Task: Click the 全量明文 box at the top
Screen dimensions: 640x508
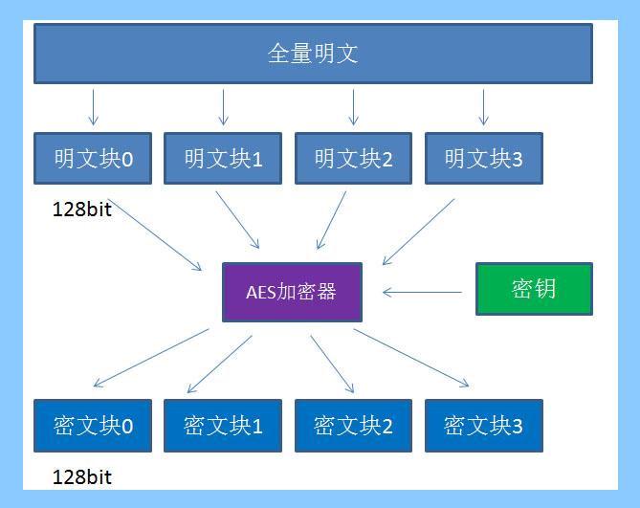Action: pyautogui.click(x=313, y=54)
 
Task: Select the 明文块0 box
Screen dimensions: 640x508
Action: pyautogui.click(x=93, y=158)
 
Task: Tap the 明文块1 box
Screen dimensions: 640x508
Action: pyautogui.click(x=223, y=158)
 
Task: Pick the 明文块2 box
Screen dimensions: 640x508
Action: pyautogui.click(x=353, y=158)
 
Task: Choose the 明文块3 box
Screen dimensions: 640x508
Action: pyautogui.click(x=484, y=158)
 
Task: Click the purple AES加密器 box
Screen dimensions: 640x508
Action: pyautogui.click(x=292, y=292)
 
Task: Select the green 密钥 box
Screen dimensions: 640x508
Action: pyautogui.click(x=534, y=289)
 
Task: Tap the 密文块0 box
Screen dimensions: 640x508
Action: pyautogui.click(x=93, y=426)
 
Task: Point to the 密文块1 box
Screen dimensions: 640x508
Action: pyautogui.click(x=223, y=426)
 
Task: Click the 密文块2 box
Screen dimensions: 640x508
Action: pyautogui.click(x=353, y=426)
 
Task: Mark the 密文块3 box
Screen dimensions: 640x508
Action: pyautogui.click(x=484, y=426)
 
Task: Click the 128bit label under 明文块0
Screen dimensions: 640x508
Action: pyautogui.click(x=82, y=210)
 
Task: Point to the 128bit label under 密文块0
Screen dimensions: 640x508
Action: pyautogui.click(x=82, y=477)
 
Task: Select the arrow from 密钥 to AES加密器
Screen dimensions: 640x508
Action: pyautogui.click(x=423, y=292)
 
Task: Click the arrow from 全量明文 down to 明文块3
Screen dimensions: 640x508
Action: pyautogui.click(x=484, y=107)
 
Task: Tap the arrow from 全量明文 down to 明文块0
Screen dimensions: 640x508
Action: pyautogui.click(x=93, y=107)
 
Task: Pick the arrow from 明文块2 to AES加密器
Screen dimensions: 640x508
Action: pyautogui.click(x=331, y=220)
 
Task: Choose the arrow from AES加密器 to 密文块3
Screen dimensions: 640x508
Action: pyautogui.click(x=411, y=358)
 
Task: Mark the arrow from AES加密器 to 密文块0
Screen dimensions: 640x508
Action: pyautogui.click(x=151, y=358)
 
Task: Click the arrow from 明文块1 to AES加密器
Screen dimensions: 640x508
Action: pyautogui.click(x=237, y=220)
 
